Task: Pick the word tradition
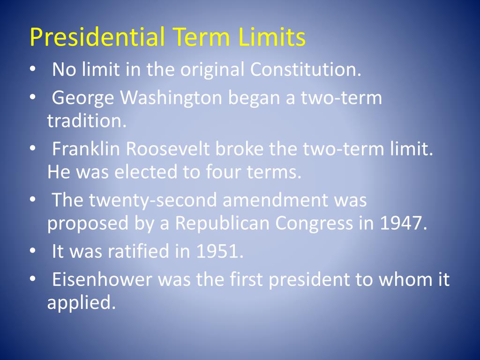86,121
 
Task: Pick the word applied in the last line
81,303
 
